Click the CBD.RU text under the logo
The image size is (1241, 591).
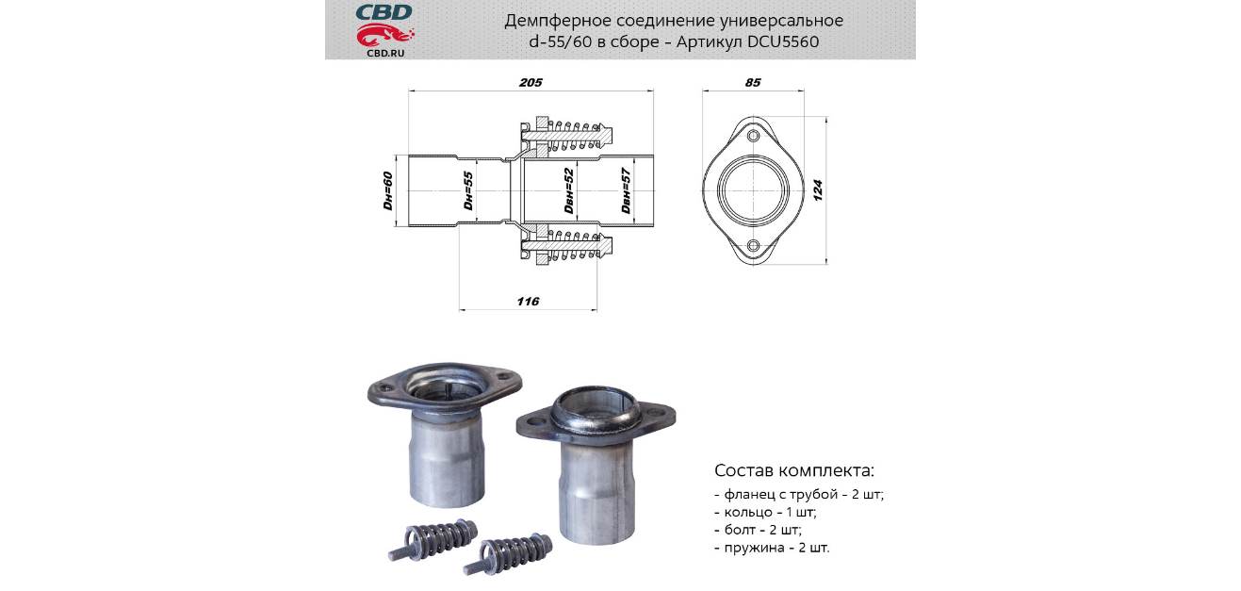tap(385, 53)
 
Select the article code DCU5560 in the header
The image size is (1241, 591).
tap(783, 41)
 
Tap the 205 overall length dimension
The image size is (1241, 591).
tap(531, 82)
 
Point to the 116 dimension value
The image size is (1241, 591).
tap(528, 301)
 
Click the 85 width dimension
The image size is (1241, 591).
tap(753, 82)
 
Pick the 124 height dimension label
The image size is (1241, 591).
tap(818, 190)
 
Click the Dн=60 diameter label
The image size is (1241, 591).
tap(388, 190)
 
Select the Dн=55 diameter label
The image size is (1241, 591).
tap(468, 190)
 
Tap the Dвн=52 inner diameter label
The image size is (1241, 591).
tap(569, 190)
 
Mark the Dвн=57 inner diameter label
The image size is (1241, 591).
tap(626, 190)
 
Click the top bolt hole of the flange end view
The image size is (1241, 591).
tap(753, 136)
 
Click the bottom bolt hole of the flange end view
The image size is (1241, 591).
tap(753, 245)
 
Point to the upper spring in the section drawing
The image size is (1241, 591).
tap(576, 136)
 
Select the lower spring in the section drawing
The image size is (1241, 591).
tap(576, 246)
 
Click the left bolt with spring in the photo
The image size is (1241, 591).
tap(433, 539)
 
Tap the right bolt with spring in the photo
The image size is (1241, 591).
tap(508, 554)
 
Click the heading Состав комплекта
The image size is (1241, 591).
tap(794, 470)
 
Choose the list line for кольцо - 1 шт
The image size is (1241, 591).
tap(765, 512)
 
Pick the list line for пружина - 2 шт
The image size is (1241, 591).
tap(772, 548)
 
